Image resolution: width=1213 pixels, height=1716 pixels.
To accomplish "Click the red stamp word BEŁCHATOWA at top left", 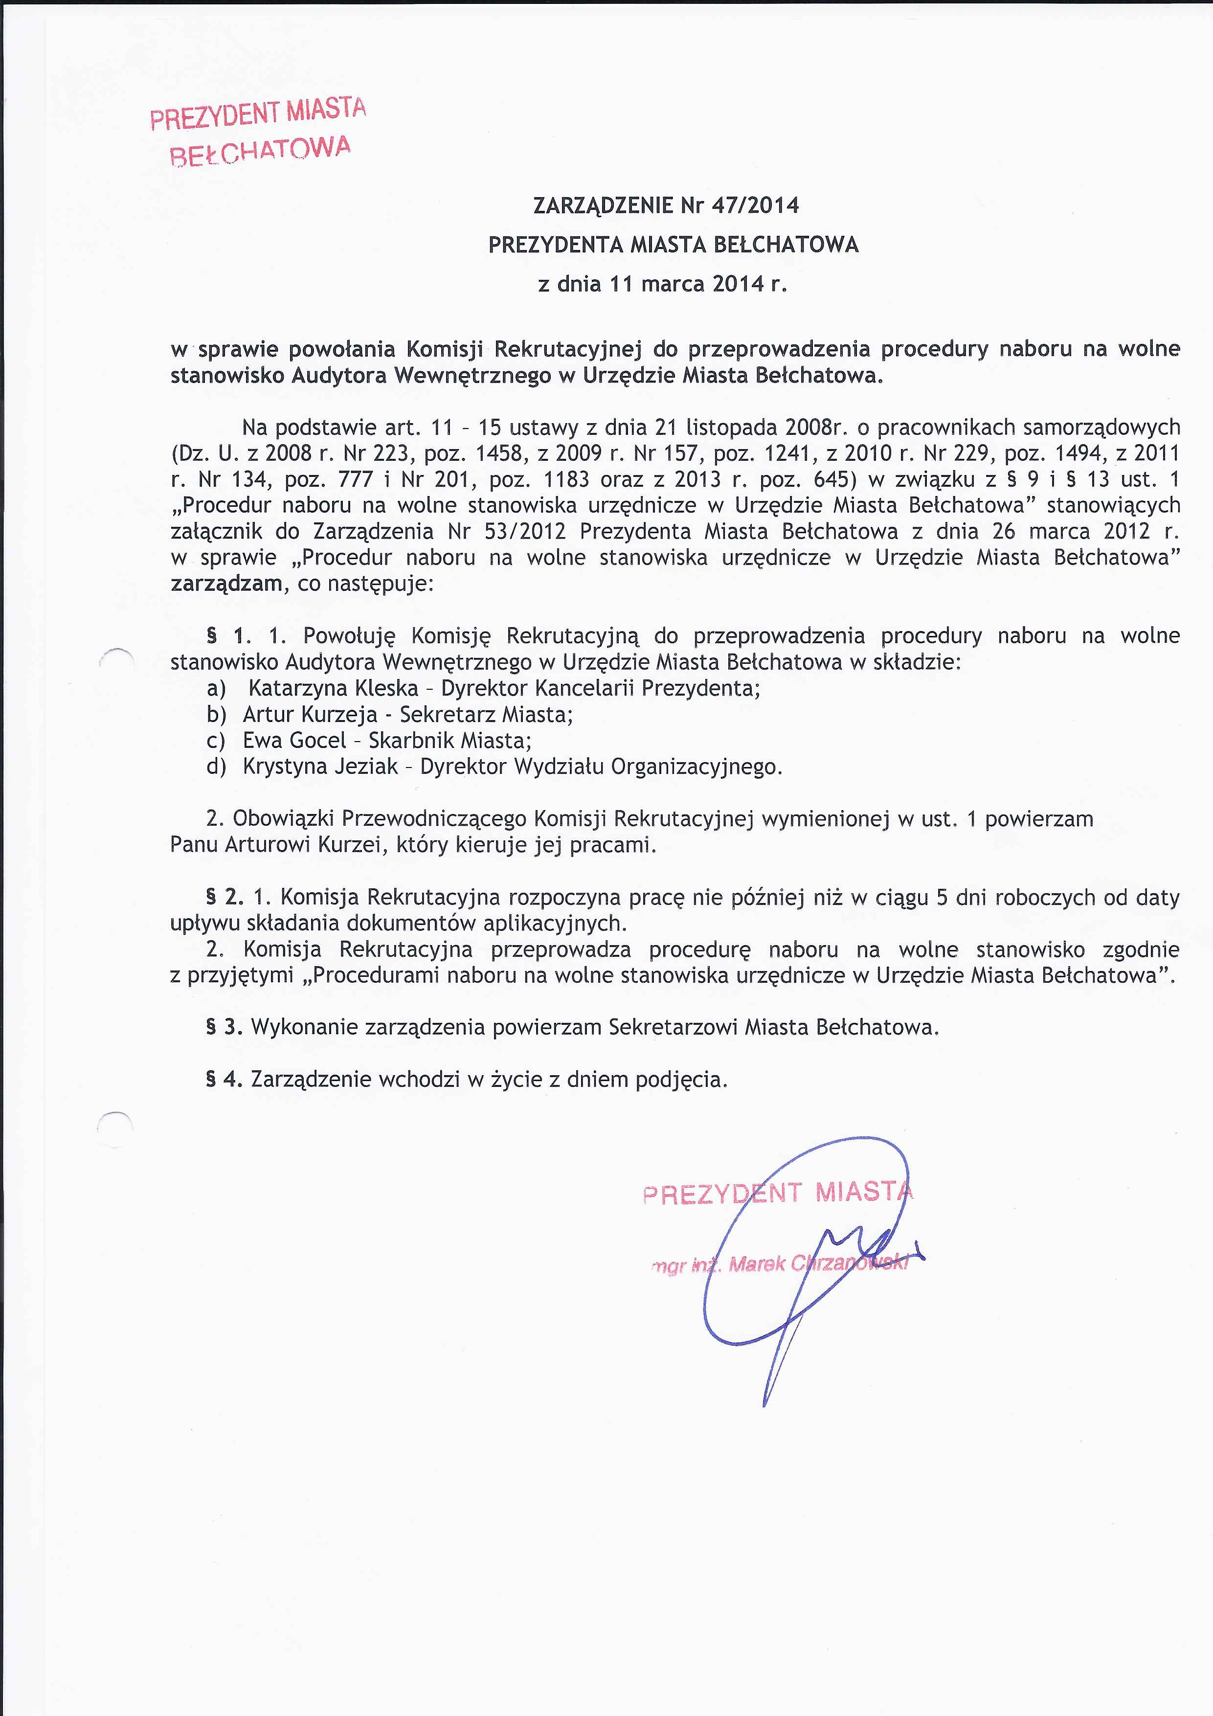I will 260,150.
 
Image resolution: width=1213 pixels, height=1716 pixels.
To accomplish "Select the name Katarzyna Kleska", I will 334,688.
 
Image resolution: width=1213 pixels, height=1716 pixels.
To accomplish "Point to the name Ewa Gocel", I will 294,740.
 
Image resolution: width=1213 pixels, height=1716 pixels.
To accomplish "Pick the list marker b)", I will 216,715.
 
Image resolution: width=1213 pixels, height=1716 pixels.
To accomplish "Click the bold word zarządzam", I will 225,583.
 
